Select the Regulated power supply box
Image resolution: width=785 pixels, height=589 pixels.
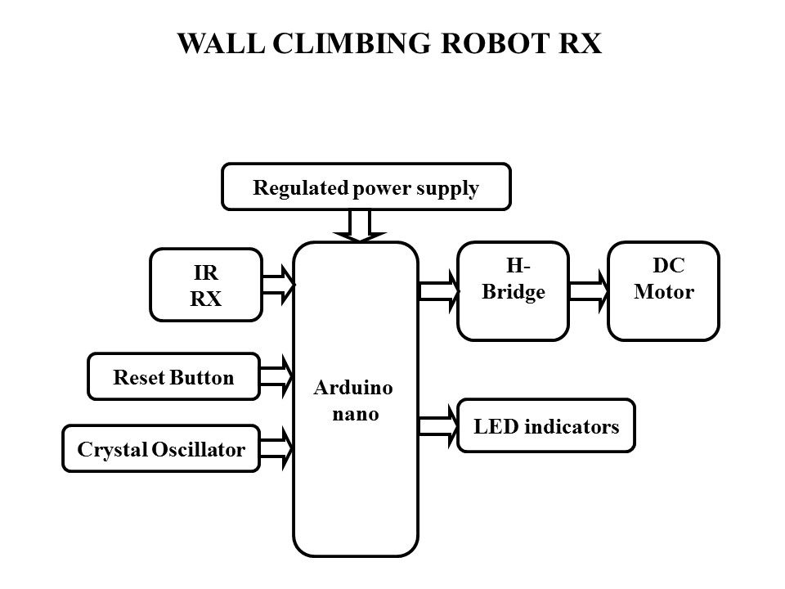(x=366, y=187)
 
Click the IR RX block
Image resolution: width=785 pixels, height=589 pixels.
(x=205, y=284)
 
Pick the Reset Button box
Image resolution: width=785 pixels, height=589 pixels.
(x=173, y=376)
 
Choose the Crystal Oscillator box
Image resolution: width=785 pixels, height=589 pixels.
(x=161, y=448)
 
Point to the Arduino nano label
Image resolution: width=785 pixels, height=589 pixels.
(x=353, y=400)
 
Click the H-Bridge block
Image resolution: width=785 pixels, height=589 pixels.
(x=513, y=290)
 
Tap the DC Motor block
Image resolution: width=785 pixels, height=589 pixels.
(x=664, y=290)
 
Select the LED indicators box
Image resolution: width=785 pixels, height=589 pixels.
(x=546, y=425)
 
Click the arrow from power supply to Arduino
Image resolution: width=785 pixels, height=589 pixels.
(x=361, y=225)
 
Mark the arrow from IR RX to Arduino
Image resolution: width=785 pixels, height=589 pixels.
(x=278, y=283)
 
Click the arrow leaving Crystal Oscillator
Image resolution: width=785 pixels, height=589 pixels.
(x=276, y=448)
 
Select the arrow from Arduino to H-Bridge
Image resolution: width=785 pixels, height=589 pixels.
(x=438, y=290)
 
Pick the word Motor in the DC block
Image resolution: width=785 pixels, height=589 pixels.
(x=664, y=293)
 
